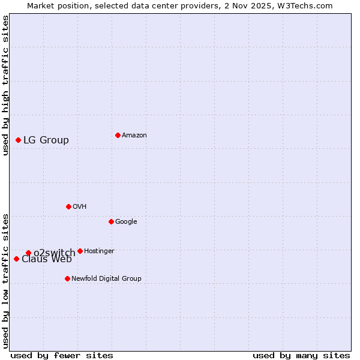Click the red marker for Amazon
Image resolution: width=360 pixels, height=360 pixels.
(x=118, y=135)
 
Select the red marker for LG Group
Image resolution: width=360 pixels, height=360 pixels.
(x=18, y=140)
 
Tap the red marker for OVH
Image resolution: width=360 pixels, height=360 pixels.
(x=68, y=206)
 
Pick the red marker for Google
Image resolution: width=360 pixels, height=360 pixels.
(x=111, y=221)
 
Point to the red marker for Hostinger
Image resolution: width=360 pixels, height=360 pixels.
(x=80, y=251)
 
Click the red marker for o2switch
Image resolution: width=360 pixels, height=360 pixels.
(x=28, y=253)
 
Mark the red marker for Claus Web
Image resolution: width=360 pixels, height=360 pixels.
(x=16, y=259)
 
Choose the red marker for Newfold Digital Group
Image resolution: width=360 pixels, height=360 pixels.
(x=67, y=278)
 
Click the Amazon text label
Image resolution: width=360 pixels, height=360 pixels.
(x=134, y=136)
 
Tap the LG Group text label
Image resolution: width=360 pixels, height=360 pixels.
(x=46, y=140)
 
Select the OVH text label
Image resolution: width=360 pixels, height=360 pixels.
(x=80, y=207)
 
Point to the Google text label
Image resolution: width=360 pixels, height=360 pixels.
(x=126, y=222)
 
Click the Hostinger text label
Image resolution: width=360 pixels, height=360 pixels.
(x=99, y=251)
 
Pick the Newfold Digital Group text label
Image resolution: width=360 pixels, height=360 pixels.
(x=106, y=279)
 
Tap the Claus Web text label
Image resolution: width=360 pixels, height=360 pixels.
(x=47, y=259)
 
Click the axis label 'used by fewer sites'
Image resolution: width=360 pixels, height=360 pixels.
(x=62, y=356)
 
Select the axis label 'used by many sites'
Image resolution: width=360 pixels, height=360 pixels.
(x=301, y=356)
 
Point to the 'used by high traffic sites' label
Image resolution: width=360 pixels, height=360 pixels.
(x=6, y=85)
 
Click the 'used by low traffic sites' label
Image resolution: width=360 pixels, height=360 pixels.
(x=6, y=281)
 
